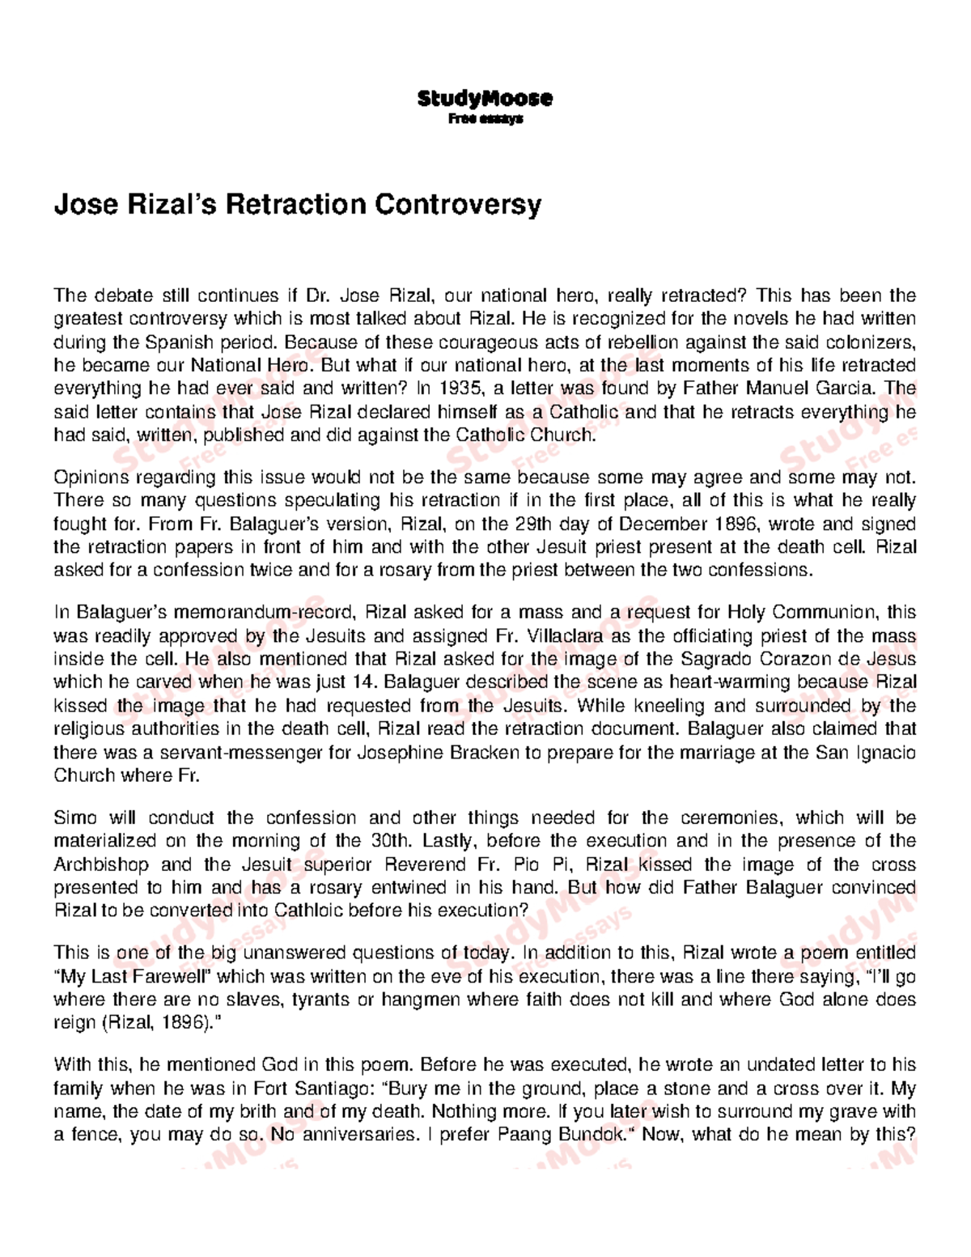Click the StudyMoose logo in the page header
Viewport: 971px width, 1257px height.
tap(485, 99)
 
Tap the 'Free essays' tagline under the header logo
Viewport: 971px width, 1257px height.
tap(485, 119)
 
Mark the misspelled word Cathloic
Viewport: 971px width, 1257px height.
tap(311, 911)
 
